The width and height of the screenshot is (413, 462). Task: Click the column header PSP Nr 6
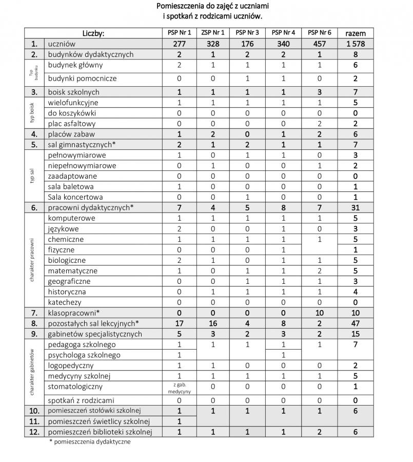(x=319, y=33)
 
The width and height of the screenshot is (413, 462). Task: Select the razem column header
(x=356, y=33)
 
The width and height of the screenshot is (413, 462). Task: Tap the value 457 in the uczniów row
(x=319, y=44)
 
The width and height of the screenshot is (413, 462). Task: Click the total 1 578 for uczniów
(x=356, y=44)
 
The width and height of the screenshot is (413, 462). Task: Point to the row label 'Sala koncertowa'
(x=75, y=197)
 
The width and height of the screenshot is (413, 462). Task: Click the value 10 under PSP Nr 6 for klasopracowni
(x=319, y=313)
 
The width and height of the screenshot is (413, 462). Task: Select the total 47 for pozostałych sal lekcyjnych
(x=356, y=323)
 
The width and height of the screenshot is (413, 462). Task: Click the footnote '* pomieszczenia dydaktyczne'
(x=90, y=441)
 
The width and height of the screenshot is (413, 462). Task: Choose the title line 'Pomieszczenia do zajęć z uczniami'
(x=212, y=6)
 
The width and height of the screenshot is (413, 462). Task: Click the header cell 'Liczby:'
(x=93, y=33)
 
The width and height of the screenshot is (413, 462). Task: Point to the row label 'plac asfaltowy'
(x=72, y=124)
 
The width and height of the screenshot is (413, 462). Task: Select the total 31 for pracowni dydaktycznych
(x=356, y=207)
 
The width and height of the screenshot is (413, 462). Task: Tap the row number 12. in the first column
(x=34, y=432)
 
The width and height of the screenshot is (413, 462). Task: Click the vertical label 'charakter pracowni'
(x=32, y=260)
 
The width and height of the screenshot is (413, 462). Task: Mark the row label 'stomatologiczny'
(x=75, y=387)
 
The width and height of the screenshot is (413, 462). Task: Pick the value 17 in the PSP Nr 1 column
(x=180, y=323)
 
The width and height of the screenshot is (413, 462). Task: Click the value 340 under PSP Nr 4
(x=283, y=44)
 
